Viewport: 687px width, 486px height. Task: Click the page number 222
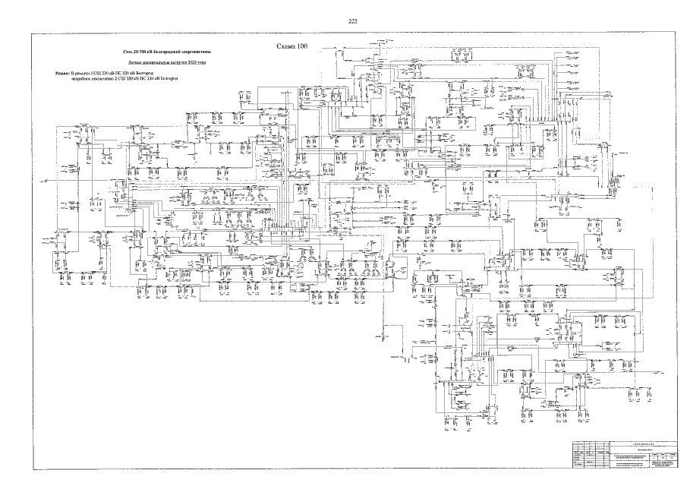pos(352,21)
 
